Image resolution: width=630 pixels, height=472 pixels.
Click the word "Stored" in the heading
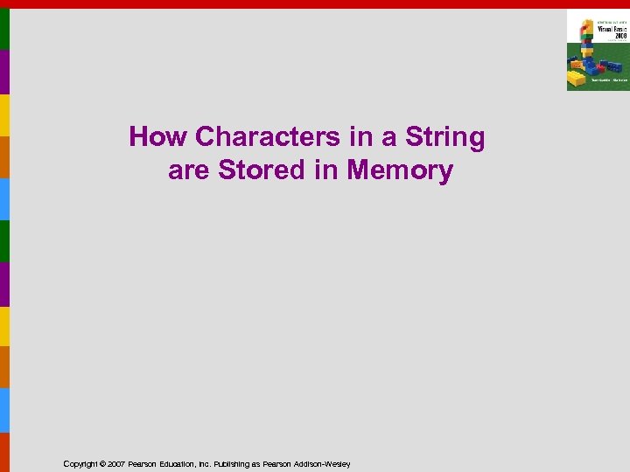[x=262, y=170]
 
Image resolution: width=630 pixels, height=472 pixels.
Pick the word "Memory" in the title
[x=400, y=170]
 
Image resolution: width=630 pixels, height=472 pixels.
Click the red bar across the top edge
[x=315, y=3]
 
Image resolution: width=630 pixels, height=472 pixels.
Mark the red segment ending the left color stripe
[x=4, y=452]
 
